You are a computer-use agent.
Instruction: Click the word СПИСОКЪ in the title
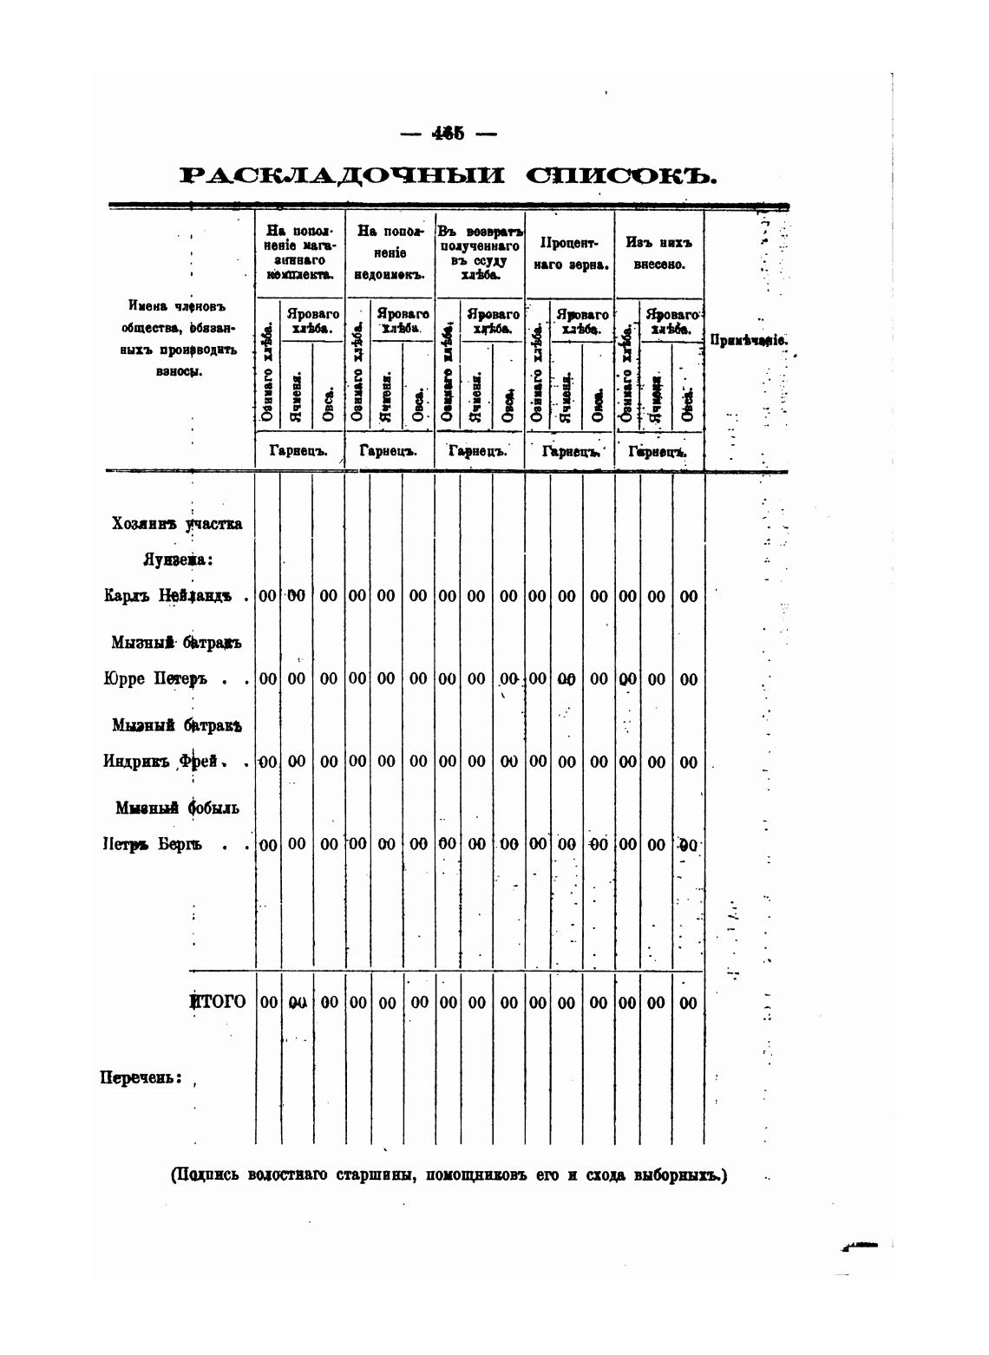622,176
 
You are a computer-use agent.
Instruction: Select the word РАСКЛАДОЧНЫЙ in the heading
342,176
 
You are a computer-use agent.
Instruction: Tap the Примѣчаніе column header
748,340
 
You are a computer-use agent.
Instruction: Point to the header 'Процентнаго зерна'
569,252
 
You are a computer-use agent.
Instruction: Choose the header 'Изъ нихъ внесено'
659,252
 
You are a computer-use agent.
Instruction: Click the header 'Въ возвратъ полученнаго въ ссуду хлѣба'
480,253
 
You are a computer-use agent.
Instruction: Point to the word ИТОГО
218,1002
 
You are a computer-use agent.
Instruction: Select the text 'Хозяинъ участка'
177,524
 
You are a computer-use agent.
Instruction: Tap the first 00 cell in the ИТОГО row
269,1003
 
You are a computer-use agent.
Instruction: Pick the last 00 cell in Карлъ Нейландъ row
688,597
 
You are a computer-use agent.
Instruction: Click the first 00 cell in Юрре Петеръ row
268,679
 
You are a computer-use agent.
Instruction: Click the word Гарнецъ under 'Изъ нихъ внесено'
658,452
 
